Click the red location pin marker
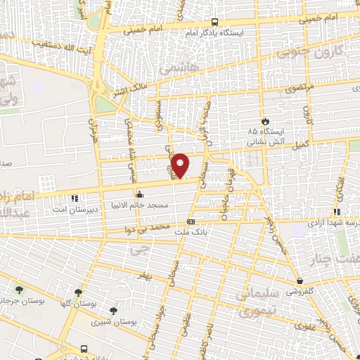coord(181,165)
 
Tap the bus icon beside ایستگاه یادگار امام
coord(214,22)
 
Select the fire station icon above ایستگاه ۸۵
coord(264,120)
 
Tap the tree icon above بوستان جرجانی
coord(19,289)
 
